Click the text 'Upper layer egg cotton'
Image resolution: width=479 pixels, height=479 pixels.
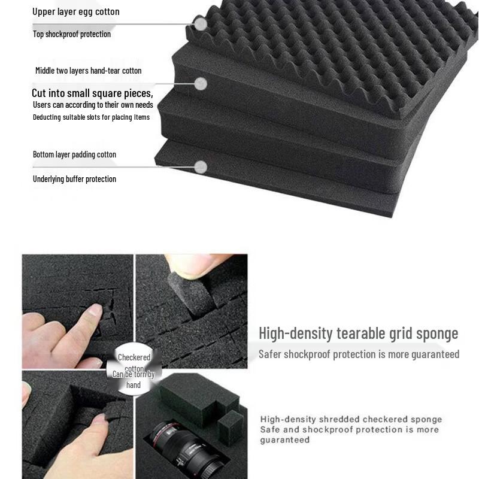tap(75, 11)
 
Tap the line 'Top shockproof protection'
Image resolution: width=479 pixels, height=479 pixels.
tap(72, 34)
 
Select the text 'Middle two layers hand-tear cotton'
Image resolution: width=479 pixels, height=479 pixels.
tap(89, 71)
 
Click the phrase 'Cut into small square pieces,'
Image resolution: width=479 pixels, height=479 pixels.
tap(92, 93)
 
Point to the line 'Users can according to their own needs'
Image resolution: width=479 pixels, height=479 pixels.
tap(93, 105)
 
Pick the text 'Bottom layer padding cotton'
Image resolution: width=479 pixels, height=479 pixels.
tap(74, 154)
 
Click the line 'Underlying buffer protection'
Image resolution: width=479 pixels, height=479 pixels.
tap(74, 179)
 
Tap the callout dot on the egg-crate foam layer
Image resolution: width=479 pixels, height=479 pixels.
tap(201, 23)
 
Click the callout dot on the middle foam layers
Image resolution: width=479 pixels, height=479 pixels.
tap(201, 84)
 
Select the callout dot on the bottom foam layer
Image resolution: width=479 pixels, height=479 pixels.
tap(201, 167)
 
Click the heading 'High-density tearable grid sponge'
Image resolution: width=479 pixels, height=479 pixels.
tap(358, 333)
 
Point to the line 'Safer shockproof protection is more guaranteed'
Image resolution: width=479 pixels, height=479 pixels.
tap(359, 354)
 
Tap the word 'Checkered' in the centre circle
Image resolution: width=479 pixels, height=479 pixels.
tap(134, 357)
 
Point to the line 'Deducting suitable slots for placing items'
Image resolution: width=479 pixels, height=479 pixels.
tap(91, 117)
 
